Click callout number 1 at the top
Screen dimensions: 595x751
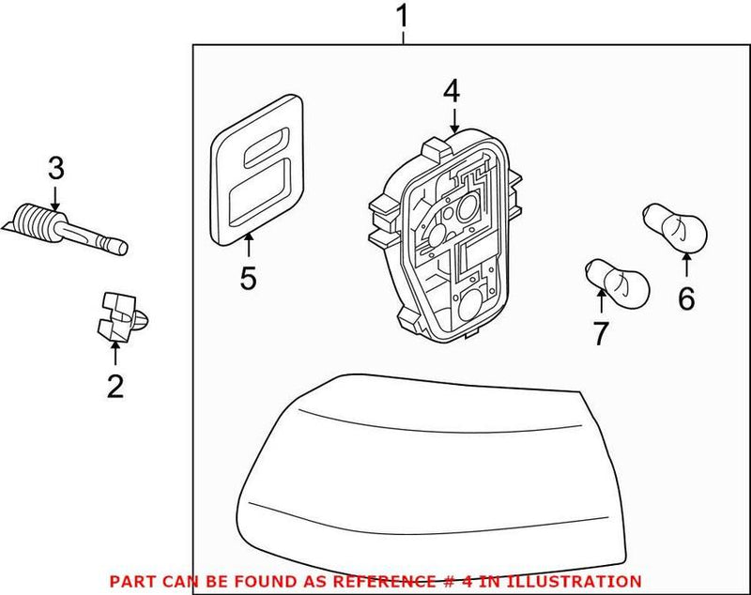click(403, 16)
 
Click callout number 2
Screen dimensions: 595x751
click(115, 386)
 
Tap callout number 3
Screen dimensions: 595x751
click(55, 169)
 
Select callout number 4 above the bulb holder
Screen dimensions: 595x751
click(452, 91)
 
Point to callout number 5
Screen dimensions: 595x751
click(248, 278)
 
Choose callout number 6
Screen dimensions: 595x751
click(686, 298)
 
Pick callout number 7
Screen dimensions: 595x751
click(601, 332)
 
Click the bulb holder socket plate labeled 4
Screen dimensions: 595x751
click(451, 244)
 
